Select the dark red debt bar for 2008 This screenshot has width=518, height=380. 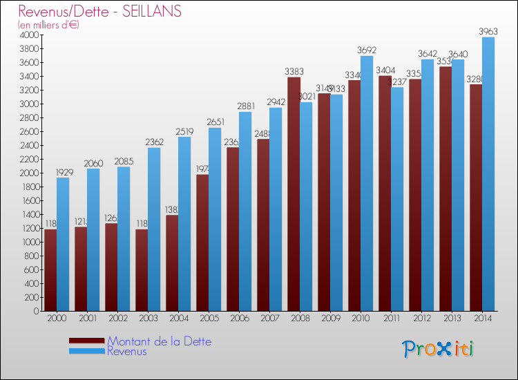(x=294, y=194)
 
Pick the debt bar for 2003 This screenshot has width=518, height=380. (x=142, y=270)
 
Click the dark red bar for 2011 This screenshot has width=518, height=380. (x=385, y=193)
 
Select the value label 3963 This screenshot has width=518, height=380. (x=488, y=31)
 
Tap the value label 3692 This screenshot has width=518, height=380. (x=367, y=50)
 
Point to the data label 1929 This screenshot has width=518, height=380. (x=63, y=171)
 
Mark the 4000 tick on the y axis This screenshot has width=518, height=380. (x=30, y=35)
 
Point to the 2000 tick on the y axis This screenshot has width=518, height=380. (x=30, y=173)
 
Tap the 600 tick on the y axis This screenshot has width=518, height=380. (x=32, y=269)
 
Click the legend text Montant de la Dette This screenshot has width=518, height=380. (x=159, y=341)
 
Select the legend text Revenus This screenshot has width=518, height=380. (x=127, y=351)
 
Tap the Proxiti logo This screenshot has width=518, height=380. (x=439, y=349)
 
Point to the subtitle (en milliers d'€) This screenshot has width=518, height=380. (x=49, y=25)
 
